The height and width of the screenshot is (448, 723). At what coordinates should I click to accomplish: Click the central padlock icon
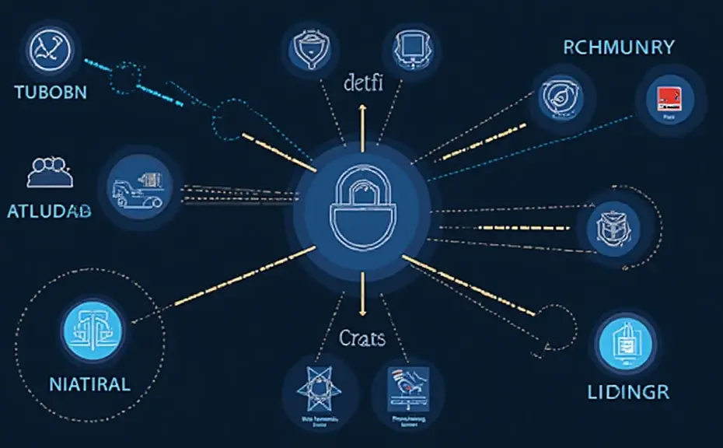(x=362, y=208)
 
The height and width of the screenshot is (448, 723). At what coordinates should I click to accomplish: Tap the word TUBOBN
(x=51, y=92)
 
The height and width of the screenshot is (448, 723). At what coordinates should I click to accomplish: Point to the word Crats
(x=362, y=338)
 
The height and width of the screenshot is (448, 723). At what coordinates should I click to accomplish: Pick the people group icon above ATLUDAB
(x=49, y=172)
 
